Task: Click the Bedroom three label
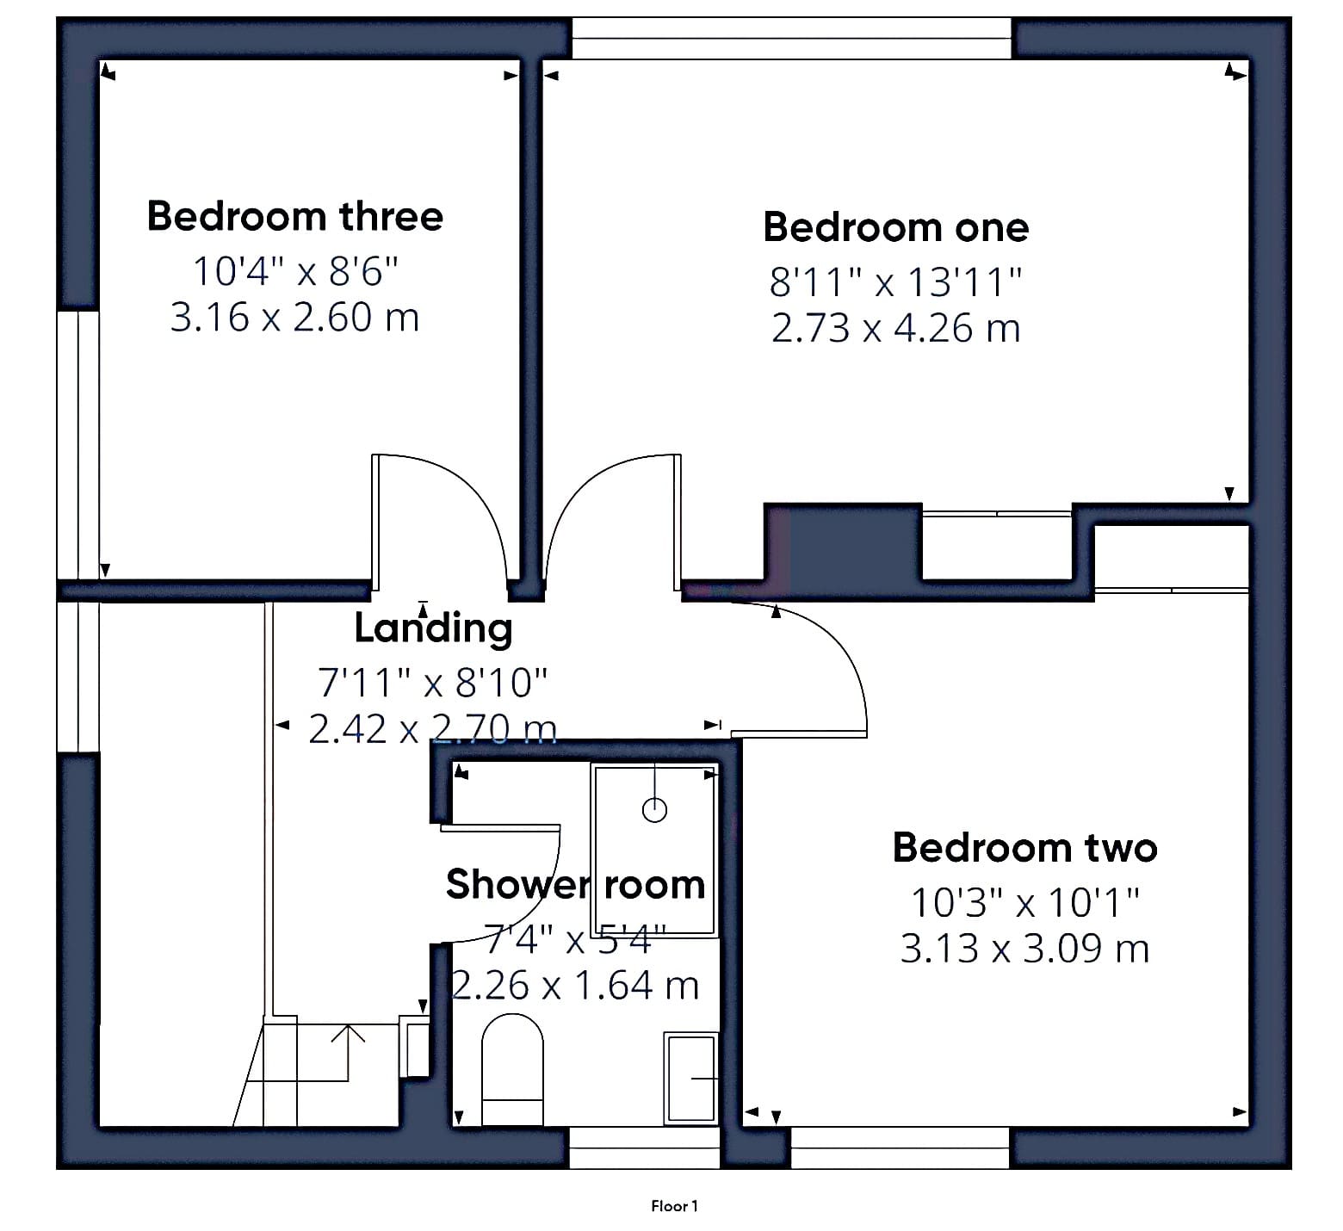coord(295,215)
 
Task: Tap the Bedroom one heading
coord(896,227)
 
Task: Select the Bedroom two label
coord(1024,847)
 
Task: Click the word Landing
coord(434,628)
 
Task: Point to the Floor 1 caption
coord(674,1206)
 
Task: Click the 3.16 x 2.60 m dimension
coord(294,317)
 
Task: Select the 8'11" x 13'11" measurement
coord(896,281)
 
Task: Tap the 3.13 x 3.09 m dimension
coord(1024,948)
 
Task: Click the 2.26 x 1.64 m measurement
coord(575,985)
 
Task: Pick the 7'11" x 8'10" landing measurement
coord(433,683)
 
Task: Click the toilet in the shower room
coord(512,1070)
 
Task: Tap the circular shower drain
coord(655,809)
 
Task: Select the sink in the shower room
coord(690,1079)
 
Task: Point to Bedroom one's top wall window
coord(792,39)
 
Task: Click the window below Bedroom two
coord(900,1147)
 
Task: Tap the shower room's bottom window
coord(644,1147)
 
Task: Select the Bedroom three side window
coord(78,444)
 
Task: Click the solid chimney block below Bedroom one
coord(843,542)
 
